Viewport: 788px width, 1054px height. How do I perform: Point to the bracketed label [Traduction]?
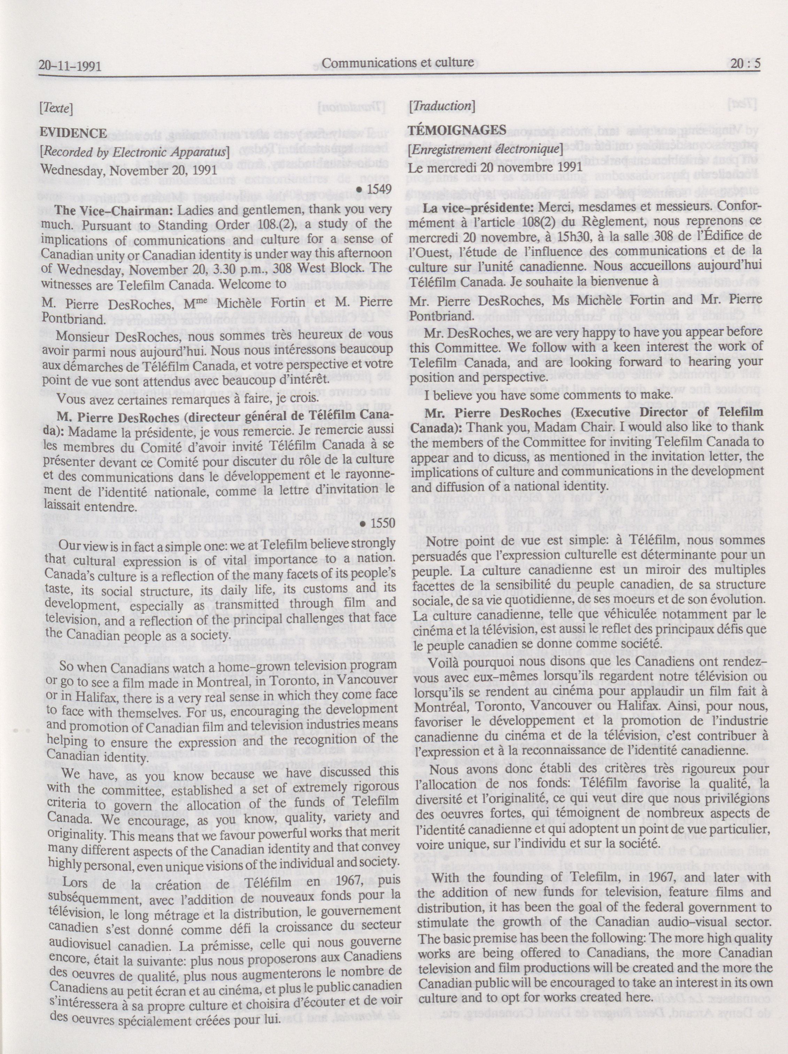441,106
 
